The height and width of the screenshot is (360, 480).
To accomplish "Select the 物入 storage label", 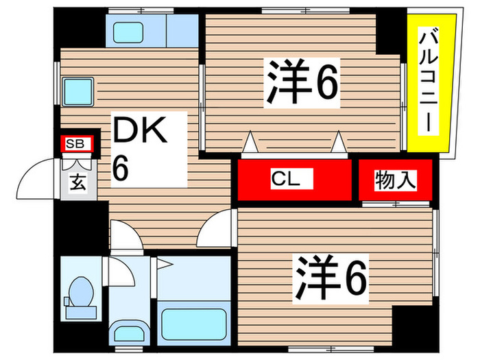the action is pos(396,180).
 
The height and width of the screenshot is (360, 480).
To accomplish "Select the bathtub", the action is pos(194,324).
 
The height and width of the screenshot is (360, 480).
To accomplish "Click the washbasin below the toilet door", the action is pos(129,333).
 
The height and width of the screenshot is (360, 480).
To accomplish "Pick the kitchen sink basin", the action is pos(128,32).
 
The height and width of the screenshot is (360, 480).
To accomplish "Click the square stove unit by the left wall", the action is pos(78,91).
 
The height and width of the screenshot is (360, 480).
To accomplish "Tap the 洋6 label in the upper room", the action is pos(302,83).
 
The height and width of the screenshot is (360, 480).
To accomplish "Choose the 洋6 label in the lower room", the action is pos(331,278).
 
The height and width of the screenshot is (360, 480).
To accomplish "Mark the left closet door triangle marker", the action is pos(250,142).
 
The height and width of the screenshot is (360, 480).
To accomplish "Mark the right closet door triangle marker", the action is pos(339,142).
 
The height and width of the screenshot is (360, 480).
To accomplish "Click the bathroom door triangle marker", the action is pos(164,264).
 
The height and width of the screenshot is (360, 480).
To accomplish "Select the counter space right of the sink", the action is pos(182,31).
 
